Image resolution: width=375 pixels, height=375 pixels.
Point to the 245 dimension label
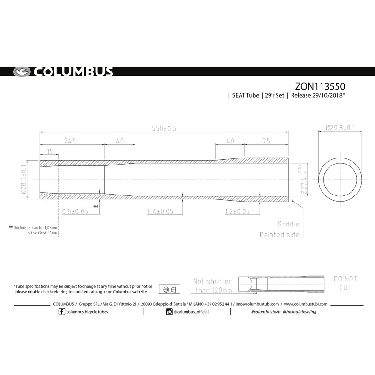tap(70, 141)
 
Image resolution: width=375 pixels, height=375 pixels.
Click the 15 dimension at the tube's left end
tap(50, 151)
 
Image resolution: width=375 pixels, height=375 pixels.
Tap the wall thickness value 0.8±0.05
tap(75, 211)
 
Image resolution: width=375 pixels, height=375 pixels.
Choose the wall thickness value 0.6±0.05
tap(159, 211)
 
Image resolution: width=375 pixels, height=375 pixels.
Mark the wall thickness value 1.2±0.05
tap(236, 211)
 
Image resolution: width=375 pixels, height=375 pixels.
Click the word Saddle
tap(288, 225)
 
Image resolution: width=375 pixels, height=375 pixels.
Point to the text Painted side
tap(279, 234)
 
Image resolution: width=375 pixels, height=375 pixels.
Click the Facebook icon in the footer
tap(62, 311)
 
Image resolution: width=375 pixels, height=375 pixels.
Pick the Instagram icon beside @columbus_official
tap(170, 311)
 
